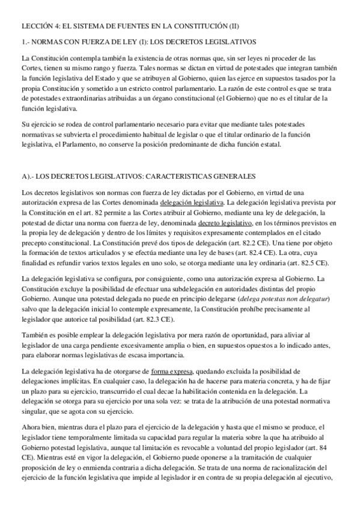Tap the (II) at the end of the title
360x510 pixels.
pyautogui.click(x=231, y=26)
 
